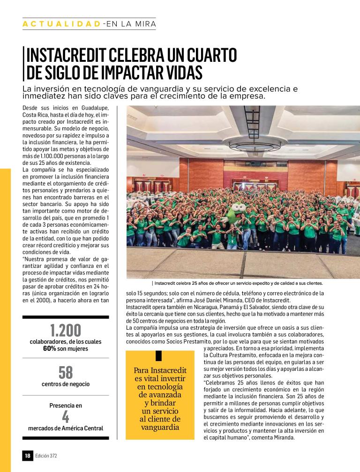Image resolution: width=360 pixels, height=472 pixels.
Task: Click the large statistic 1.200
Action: (65, 331)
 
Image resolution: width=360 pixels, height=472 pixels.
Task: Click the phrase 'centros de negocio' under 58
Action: (65, 384)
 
